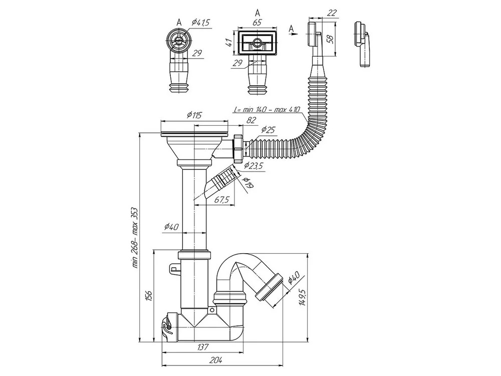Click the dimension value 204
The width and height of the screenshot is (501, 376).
[216, 359]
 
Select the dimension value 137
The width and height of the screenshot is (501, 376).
[202, 346]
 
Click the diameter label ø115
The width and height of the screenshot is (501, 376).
[193, 115]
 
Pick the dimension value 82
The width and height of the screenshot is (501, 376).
[252, 120]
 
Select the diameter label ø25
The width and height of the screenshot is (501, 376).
[269, 130]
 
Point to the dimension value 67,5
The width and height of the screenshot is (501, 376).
[221, 200]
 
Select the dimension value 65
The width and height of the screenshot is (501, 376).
[257, 23]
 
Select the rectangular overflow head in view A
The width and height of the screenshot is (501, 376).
[257, 43]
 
